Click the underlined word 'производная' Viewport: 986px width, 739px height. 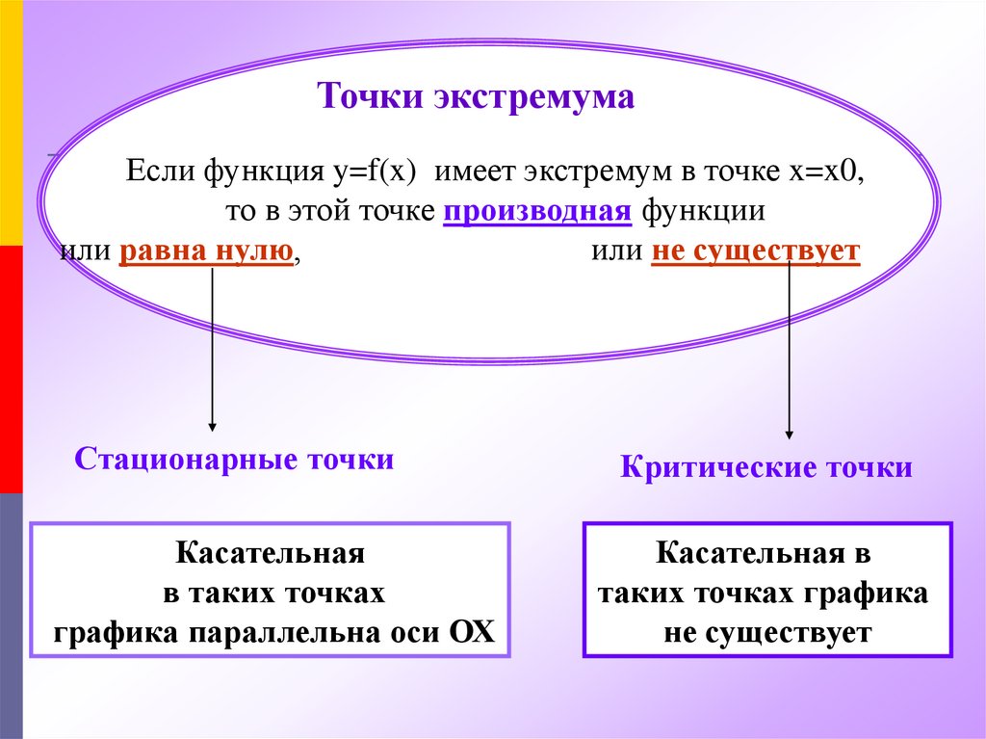pos(537,212)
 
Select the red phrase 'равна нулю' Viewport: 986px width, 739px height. pos(206,253)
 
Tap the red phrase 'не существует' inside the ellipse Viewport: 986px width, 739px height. pos(755,253)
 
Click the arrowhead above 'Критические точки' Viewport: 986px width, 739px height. pos(790,435)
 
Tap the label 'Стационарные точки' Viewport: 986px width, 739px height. pos(234,459)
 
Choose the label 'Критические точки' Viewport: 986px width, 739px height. pos(765,469)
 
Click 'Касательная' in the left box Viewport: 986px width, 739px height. pos(270,555)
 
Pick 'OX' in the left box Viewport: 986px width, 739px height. pos(470,633)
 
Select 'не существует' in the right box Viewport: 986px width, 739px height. pos(766,633)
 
